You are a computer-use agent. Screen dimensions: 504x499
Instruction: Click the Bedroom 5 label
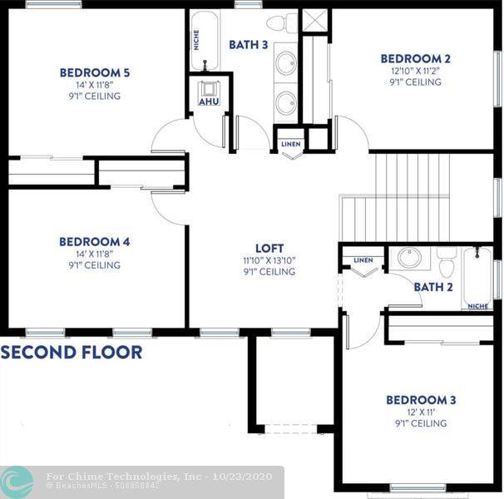[95, 72]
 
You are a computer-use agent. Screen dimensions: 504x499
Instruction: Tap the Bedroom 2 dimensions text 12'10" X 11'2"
[415, 71]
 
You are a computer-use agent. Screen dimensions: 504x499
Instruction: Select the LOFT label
[269, 248]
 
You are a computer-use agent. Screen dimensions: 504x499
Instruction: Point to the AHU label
[209, 101]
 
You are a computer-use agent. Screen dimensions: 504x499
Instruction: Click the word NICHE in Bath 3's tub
[196, 40]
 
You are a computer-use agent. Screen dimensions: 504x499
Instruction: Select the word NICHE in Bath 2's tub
[478, 306]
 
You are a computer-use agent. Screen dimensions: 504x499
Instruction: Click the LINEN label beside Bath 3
[291, 144]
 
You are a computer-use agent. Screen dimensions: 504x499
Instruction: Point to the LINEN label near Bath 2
[363, 259]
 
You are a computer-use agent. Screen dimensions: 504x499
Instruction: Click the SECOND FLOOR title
[72, 352]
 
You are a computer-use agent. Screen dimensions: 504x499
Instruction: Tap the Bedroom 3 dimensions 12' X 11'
[421, 412]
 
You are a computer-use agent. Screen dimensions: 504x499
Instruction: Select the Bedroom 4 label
[95, 242]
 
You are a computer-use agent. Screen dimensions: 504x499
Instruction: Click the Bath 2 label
[433, 287]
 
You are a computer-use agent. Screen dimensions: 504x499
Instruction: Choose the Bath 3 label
[248, 45]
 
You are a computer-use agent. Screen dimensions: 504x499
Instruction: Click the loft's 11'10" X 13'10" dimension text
[269, 260]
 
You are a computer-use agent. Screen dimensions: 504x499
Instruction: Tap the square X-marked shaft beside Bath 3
[315, 20]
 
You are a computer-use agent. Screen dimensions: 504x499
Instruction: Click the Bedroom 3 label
[421, 400]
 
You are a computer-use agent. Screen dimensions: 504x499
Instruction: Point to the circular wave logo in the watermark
[17, 482]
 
